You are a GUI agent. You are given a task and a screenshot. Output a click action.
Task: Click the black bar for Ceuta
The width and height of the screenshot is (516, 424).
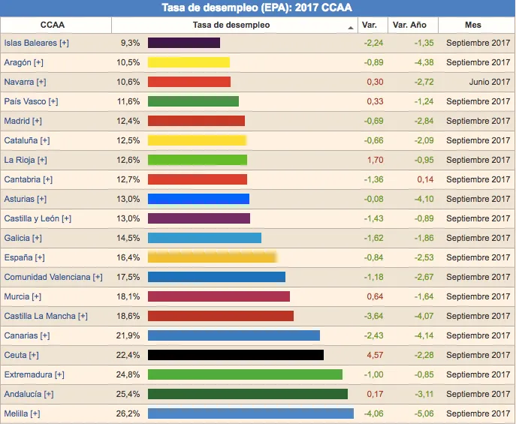pyautogui.click(x=236, y=355)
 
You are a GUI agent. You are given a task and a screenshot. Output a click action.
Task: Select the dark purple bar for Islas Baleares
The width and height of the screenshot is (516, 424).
pyautogui.click(x=184, y=43)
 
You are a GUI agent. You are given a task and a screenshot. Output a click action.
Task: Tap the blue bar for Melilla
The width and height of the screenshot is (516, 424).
pyautogui.click(x=251, y=413)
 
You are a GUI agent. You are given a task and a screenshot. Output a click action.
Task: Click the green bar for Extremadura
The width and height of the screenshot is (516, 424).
pyautogui.click(x=245, y=374)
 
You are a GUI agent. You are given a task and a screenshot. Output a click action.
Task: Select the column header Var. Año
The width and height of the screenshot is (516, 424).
pyautogui.click(x=409, y=25)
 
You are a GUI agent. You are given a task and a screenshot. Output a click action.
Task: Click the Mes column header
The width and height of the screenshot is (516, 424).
pyautogui.click(x=473, y=25)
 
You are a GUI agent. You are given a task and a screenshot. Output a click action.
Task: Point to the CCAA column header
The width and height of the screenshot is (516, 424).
pyautogui.click(x=53, y=25)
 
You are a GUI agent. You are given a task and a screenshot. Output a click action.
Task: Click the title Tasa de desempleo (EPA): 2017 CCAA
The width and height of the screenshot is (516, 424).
pyautogui.click(x=257, y=8)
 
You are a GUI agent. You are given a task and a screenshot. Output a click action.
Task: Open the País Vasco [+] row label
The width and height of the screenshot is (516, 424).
pyautogui.click(x=31, y=101)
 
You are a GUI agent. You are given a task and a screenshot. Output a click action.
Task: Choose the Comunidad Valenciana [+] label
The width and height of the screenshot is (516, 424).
pyautogui.click(x=53, y=277)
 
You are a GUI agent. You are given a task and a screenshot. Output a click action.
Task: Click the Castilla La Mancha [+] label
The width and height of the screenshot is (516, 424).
pyautogui.click(x=46, y=316)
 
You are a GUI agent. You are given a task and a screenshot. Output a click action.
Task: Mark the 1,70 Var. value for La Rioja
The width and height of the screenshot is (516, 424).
pyautogui.click(x=375, y=160)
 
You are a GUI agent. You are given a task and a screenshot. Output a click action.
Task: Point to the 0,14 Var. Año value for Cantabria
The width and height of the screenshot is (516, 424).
pyautogui.click(x=425, y=179)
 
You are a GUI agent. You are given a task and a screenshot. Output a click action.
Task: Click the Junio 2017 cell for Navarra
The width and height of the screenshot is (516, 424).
pyautogui.click(x=489, y=82)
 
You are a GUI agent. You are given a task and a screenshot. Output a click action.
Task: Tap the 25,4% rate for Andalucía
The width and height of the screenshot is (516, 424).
pyautogui.click(x=128, y=394)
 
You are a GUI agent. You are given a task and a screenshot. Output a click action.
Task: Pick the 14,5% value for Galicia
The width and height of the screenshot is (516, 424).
pyautogui.click(x=128, y=238)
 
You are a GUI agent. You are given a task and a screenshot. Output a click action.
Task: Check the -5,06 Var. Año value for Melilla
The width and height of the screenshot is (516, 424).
pyautogui.click(x=424, y=413)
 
